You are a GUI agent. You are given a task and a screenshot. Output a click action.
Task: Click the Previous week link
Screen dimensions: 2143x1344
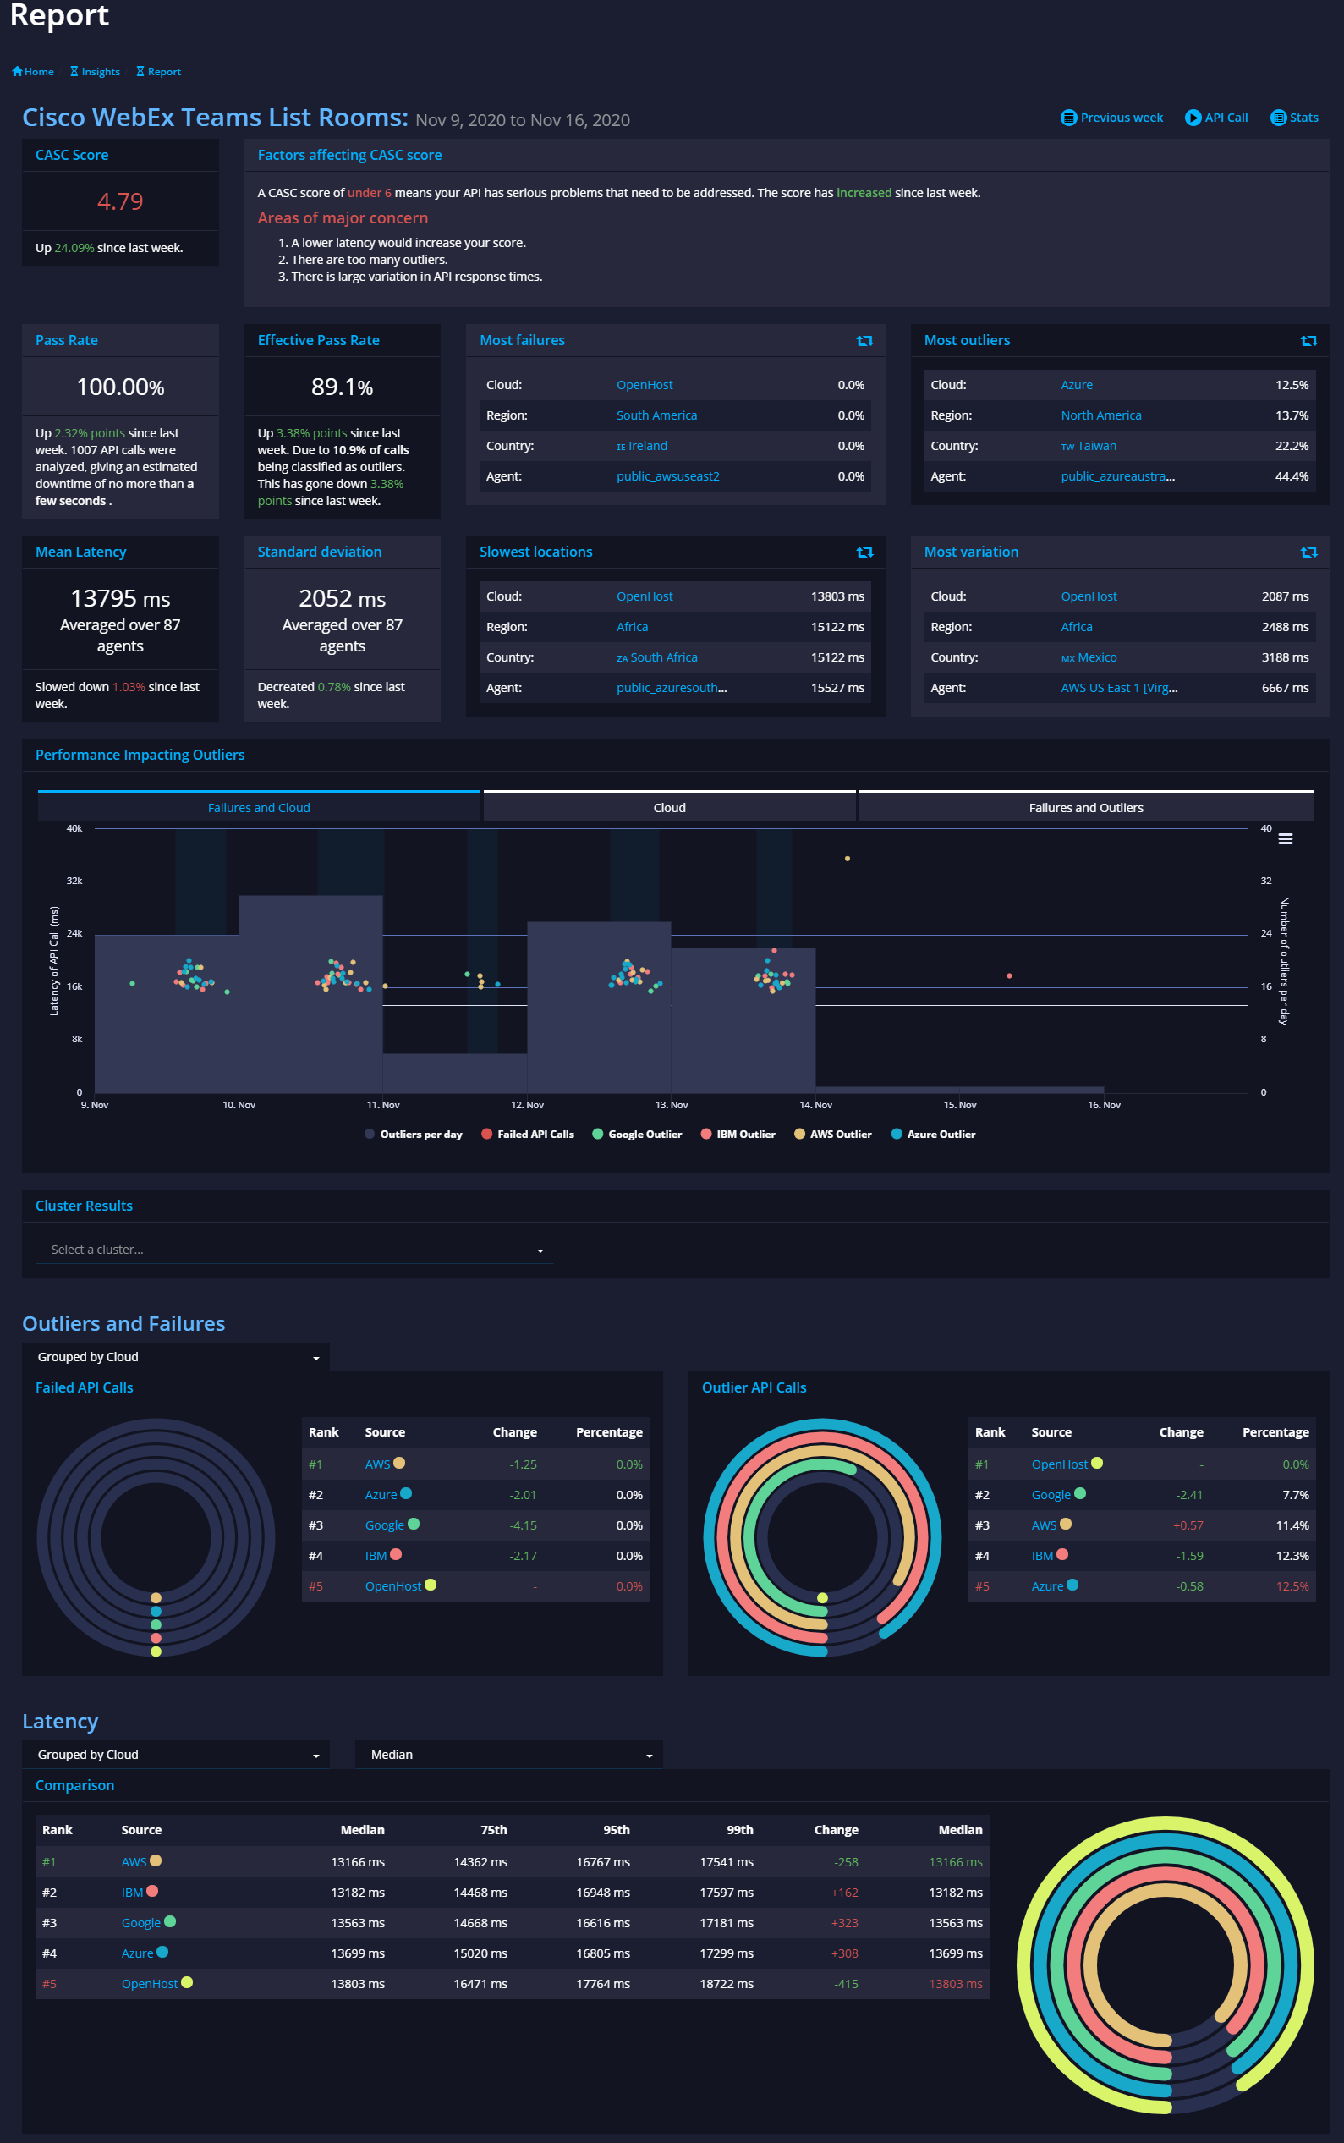click(x=1112, y=118)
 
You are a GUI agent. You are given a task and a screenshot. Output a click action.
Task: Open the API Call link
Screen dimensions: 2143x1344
click(x=1217, y=118)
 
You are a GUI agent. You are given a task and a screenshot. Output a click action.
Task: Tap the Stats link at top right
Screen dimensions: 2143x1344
click(x=1295, y=118)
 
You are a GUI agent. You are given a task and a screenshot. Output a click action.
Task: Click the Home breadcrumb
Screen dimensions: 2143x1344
click(x=33, y=72)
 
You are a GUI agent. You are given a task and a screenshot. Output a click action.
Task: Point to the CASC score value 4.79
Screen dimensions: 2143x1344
click(x=120, y=201)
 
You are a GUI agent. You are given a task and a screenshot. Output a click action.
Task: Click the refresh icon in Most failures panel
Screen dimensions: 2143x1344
click(x=864, y=340)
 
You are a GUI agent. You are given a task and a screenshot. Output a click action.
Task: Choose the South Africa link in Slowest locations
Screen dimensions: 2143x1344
click(x=657, y=657)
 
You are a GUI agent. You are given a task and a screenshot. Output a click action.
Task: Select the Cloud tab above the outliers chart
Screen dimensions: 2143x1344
click(x=669, y=807)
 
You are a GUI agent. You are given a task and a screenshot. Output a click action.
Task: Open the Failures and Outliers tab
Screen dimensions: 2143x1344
click(x=1085, y=807)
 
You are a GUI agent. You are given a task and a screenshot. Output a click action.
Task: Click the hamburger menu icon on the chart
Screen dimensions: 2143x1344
click(x=1286, y=839)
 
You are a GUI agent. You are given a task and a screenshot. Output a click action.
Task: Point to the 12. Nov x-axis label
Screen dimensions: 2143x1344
click(x=527, y=1105)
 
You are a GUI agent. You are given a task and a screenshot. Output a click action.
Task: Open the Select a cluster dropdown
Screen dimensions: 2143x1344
click(x=293, y=1250)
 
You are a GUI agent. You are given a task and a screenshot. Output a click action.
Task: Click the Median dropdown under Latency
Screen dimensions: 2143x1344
click(x=508, y=1755)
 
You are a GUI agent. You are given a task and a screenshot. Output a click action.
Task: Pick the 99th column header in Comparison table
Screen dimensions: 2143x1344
click(x=739, y=1830)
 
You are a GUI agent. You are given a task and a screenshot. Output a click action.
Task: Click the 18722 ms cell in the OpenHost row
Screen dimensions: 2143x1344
click(x=727, y=1984)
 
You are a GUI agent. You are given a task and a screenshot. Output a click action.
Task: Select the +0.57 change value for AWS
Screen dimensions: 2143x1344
click(x=1188, y=1525)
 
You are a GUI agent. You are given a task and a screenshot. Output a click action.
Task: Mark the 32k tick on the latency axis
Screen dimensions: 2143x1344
click(x=74, y=881)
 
